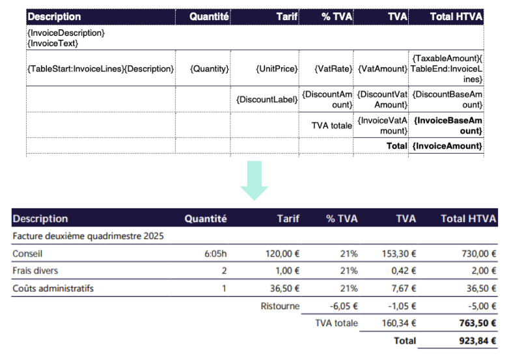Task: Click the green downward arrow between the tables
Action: [x=255, y=180]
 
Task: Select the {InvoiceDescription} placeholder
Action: [x=66, y=33]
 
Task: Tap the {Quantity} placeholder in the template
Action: [x=210, y=69]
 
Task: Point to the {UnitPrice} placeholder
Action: [x=277, y=69]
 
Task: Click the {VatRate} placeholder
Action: [x=333, y=69]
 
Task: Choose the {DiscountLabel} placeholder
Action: [x=267, y=100]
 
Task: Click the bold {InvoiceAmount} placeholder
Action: [x=447, y=146]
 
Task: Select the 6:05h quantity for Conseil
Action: [x=215, y=253]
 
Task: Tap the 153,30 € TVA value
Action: [x=399, y=253]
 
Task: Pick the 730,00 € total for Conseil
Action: [x=479, y=253]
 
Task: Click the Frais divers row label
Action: [x=35, y=271]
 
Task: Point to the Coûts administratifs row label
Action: [x=53, y=288]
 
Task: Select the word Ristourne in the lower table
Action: [x=280, y=306]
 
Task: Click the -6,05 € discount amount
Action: [x=344, y=306]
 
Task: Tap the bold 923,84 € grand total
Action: [x=478, y=341]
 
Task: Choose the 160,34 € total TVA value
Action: [x=399, y=324]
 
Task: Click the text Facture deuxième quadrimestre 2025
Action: [x=88, y=236]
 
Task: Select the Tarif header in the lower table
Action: [x=288, y=219]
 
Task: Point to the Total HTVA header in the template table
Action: [x=456, y=16]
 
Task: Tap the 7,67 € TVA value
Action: [x=404, y=288]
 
